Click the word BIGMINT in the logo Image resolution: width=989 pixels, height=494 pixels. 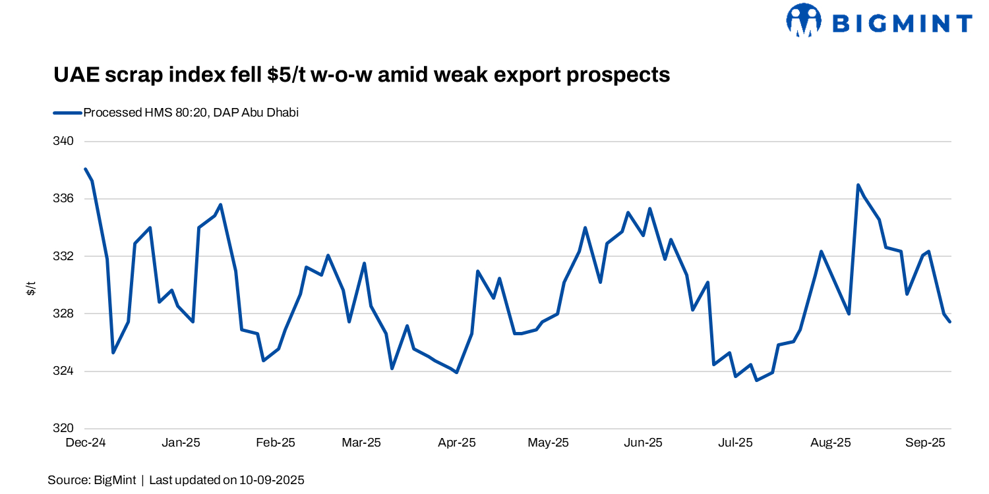[902, 24]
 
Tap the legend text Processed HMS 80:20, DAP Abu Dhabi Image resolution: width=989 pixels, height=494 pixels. [191, 113]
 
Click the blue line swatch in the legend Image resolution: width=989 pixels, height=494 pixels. [67, 113]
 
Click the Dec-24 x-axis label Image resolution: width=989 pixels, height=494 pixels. [86, 443]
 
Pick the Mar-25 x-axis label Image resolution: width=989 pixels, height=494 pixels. [361, 443]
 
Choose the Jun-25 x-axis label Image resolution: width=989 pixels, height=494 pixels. [643, 443]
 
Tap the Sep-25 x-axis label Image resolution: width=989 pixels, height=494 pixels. [926, 443]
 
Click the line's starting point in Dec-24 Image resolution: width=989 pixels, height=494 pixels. [86, 169]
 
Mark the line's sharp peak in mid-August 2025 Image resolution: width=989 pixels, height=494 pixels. [858, 185]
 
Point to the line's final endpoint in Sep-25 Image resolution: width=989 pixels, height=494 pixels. [950, 321]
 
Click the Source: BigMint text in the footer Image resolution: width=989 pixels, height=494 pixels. [92, 480]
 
